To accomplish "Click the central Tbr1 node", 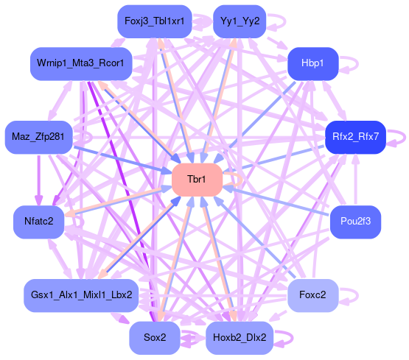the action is click(197, 180).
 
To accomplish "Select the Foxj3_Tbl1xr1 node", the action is click(155, 21).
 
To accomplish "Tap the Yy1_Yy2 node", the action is click(240, 21).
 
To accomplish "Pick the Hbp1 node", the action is click(312, 63).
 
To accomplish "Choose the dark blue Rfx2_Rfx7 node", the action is click(355, 137).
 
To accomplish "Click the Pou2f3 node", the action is click(355, 222).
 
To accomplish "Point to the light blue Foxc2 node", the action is click(312, 295).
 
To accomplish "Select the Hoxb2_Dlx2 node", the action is click(240, 338).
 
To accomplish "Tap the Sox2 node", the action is click(155, 338).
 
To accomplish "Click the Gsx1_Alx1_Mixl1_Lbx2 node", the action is click(81, 295).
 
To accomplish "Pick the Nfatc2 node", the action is click(38, 222).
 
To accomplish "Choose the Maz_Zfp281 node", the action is click(38, 137).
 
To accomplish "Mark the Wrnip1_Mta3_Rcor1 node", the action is click(81, 63).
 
